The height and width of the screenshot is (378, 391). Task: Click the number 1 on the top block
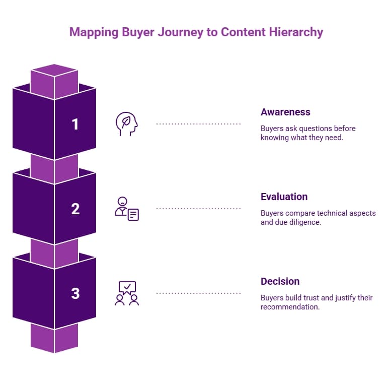[75, 124]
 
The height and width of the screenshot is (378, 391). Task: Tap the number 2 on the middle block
[75, 209]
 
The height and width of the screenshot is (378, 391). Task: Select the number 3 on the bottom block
[75, 293]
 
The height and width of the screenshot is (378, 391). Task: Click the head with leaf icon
[126, 124]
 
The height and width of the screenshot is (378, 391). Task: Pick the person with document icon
[126, 209]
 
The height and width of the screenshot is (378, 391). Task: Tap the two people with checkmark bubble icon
[126, 293]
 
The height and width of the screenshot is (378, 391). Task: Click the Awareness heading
[285, 112]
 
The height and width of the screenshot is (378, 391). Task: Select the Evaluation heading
[284, 197]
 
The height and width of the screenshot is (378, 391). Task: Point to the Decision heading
[280, 281]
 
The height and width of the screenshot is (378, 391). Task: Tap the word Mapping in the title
[92, 32]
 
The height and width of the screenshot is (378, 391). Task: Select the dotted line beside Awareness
[198, 123]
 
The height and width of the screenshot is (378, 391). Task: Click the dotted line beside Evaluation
[198, 208]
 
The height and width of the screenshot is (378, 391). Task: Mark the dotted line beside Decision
[198, 293]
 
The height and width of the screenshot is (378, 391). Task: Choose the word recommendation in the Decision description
[290, 307]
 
